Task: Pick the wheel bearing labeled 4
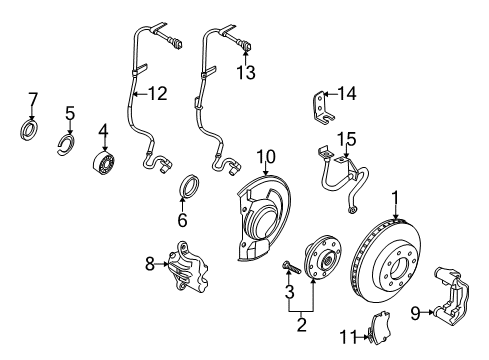tap(104, 162)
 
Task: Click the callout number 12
tap(157, 94)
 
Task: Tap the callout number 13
tap(246, 71)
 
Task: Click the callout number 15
tap(347, 137)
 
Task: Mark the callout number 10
tap(265, 155)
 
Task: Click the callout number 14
tap(346, 94)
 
